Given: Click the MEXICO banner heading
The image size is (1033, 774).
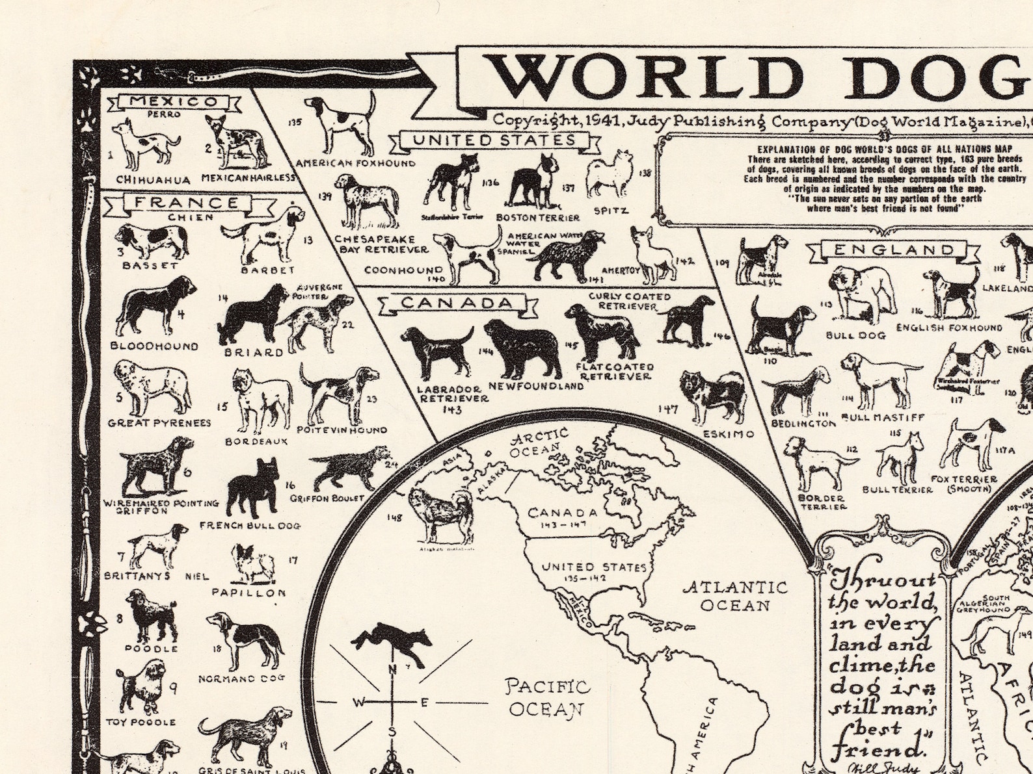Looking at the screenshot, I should [x=174, y=102].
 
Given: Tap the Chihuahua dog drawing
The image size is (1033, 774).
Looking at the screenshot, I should [x=145, y=144].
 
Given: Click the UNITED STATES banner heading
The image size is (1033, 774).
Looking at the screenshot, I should [x=494, y=140].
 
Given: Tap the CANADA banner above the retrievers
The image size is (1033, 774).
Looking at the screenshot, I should [x=457, y=303].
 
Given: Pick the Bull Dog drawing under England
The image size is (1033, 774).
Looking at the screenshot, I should [x=858, y=295].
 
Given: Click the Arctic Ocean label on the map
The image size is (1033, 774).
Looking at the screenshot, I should [x=537, y=441].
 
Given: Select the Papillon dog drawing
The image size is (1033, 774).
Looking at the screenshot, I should [x=250, y=563].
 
